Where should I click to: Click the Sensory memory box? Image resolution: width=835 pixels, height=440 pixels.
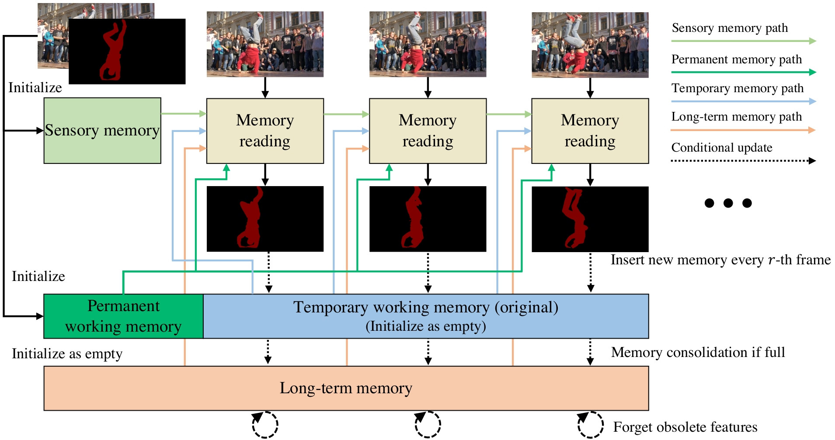click(102, 131)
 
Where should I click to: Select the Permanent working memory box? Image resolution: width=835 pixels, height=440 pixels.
click(123, 316)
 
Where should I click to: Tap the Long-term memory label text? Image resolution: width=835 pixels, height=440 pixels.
click(346, 388)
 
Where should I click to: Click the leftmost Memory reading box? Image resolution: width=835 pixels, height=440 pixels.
click(265, 131)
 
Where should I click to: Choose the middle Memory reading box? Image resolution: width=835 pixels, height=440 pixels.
click(428, 131)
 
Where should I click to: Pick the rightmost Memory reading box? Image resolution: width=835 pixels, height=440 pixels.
click(590, 131)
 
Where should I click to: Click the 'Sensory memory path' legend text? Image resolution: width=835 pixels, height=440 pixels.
click(730, 28)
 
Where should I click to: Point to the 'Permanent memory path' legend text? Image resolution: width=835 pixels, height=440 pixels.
click(737, 59)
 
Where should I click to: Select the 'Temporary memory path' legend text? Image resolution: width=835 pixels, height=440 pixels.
click(738, 88)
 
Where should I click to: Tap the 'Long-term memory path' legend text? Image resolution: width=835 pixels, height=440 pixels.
click(737, 117)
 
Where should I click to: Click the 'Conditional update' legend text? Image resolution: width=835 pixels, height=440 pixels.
click(722, 148)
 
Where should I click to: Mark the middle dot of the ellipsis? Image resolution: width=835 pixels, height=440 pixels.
click(728, 203)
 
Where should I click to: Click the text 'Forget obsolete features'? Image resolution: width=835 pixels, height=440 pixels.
click(685, 427)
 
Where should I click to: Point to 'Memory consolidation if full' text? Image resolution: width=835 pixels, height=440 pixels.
click(698, 352)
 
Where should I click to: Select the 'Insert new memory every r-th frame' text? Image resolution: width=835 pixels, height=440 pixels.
click(720, 260)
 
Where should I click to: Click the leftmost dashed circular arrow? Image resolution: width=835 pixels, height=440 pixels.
click(265, 424)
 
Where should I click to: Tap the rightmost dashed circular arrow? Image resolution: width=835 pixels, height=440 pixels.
click(590, 424)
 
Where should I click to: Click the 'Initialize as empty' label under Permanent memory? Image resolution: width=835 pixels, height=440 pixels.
click(67, 353)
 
